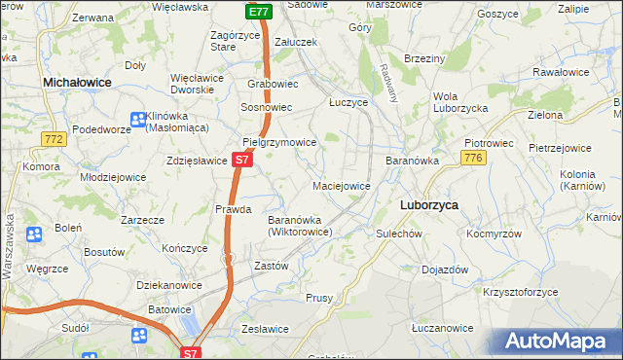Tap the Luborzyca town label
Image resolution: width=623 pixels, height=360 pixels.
tap(429, 205)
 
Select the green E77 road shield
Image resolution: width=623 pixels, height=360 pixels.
tap(258, 12)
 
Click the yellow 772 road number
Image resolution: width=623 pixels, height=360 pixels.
tap(54, 141)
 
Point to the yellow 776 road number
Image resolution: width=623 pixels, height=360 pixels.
tap(474, 158)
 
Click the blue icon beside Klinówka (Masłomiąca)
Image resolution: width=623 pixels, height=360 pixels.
tap(138, 120)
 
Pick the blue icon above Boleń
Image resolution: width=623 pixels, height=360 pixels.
tap(34, 234)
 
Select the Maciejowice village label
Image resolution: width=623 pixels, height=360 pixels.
tap(341, 185)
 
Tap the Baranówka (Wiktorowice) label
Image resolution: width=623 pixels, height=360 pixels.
tap(301, 226)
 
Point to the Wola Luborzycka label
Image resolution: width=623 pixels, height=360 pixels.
tap(459, 102)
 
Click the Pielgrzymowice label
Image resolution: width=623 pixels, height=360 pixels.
tap(279, 142)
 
